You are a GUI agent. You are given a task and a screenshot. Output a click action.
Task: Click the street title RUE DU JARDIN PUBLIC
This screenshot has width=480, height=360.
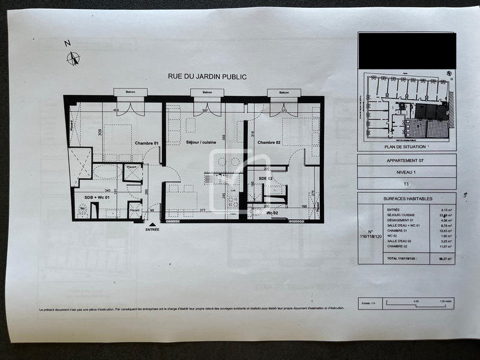click(207, 77)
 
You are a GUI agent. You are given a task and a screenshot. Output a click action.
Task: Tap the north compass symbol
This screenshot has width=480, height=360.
click(74, 59)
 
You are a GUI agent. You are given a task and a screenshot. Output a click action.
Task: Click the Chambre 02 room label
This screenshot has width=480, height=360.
click(270, 143)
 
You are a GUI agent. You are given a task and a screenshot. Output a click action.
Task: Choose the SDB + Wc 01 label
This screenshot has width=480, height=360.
click(97, 197)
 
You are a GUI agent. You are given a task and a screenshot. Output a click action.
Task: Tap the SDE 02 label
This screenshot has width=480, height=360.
click(266, 179)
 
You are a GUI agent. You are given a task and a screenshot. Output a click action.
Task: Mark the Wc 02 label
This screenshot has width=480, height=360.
click(272, 213)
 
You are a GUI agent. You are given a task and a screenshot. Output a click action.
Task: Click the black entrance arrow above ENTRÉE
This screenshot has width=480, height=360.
click(152, 223)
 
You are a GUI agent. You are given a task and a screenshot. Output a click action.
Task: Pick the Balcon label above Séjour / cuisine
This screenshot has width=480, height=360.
click(207, 92)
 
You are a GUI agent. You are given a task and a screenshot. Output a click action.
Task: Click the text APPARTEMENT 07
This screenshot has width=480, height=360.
click(407, 161)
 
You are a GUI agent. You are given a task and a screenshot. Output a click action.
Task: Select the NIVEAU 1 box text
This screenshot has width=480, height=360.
click(407, 172)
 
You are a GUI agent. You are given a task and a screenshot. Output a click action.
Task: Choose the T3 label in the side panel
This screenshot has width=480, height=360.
click(407, 184)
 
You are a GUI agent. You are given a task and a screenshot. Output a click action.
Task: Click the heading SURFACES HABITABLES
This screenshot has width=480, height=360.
click(407, 197)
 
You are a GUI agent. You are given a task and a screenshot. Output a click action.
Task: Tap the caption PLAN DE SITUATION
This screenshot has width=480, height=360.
click(407, 146)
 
